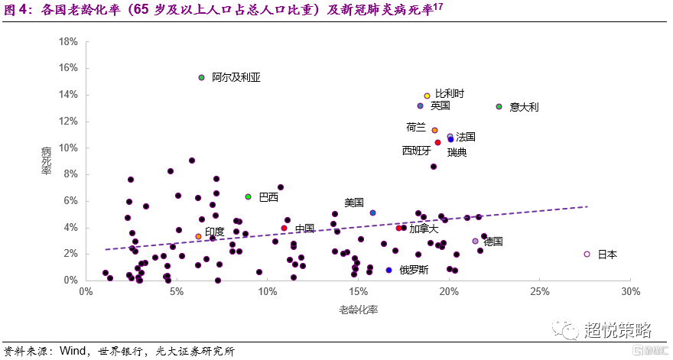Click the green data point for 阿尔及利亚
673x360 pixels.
pos(201,77)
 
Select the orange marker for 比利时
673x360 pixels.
pos(427,96)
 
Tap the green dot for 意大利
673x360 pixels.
pos(499,107)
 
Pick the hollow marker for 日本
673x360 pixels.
pos(587,254)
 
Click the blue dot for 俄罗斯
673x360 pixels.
pos(389,270)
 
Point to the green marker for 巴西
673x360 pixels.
pos(248,197)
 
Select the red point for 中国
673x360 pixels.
pos(284,228)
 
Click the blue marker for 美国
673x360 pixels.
pos(372,213)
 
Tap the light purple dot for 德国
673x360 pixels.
pos(475,241)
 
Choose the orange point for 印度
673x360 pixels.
pos(198,237)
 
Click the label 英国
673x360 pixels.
pos(440,105)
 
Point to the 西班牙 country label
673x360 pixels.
pos(417,151)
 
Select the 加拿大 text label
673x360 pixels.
pos(424,228)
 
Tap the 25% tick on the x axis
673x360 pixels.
pos(539,292)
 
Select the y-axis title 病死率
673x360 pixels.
pos(46,161)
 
